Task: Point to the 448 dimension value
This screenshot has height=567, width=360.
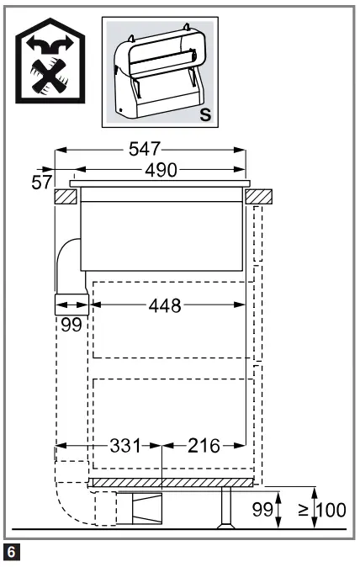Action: coord(164,306)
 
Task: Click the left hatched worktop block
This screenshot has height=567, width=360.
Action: coord(66,197)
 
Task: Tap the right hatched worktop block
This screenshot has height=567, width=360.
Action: coord(260,197)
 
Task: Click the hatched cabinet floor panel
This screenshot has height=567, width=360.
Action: coord(172,483)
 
